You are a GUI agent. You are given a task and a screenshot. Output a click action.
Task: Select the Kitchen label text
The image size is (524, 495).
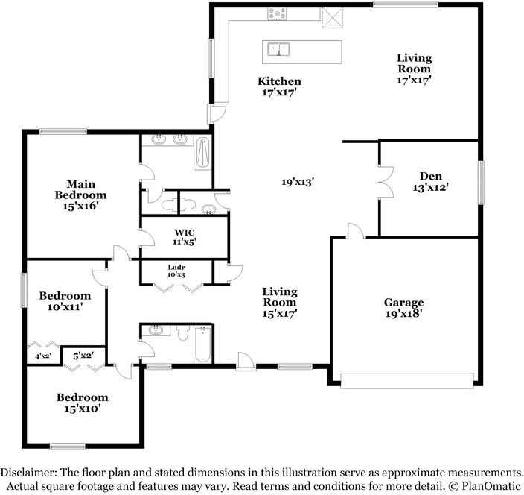tap(279, 81)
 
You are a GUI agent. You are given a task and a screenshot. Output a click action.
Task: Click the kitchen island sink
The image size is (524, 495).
tap(279, 50)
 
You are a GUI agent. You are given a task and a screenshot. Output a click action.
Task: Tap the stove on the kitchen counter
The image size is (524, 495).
tap(278, 13)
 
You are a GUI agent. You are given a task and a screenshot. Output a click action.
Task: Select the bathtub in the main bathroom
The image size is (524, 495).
tap(202, 154)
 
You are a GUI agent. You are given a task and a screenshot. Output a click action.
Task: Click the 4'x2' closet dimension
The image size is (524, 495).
tap(42, 357)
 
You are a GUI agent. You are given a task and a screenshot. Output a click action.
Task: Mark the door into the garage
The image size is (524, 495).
tap(356, 232)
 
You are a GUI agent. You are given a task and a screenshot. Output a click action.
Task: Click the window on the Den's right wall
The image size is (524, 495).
tap(482, 183)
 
